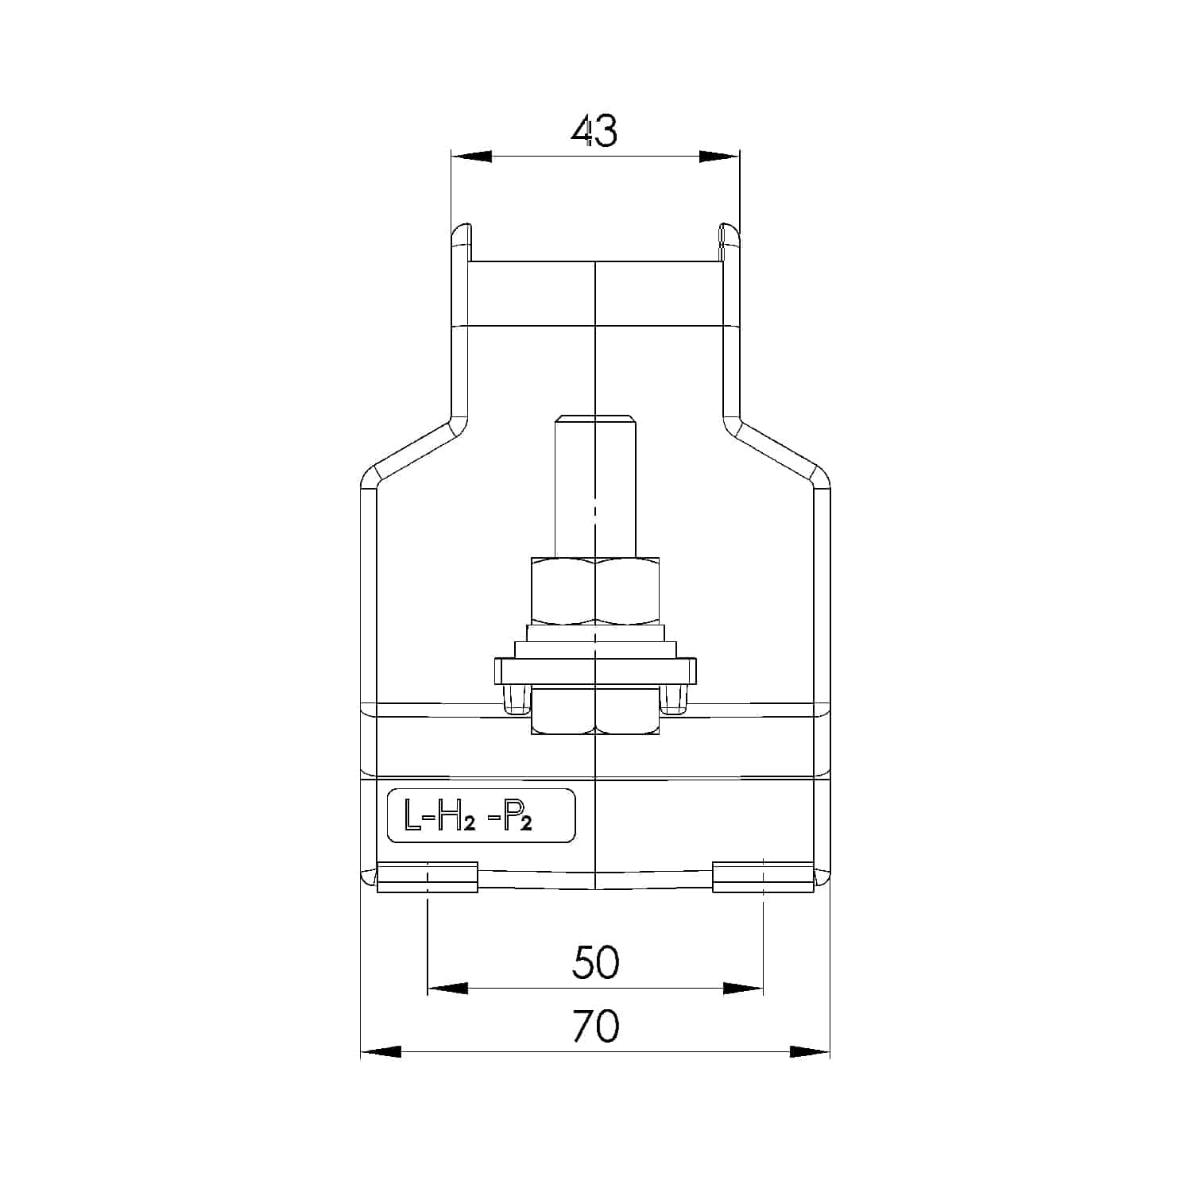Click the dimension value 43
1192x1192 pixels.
(x=594, y=131)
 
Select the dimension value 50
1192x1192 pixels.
(x=595, y=962)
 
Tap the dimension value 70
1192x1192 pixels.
(x=595, y=1026)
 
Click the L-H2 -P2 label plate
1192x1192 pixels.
(x=481, y=815)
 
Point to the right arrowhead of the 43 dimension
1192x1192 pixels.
(x=718, y=157)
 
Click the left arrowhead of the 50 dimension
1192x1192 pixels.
(x=447, y=989)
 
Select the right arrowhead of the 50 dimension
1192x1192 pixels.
(x=743, y=989)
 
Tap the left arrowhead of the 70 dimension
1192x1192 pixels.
(x=381, y=1051)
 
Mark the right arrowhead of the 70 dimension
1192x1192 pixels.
(x=810, y=1051)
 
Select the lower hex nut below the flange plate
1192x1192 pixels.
(x=595, y=712)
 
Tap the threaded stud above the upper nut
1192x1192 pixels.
(x=595, y=485)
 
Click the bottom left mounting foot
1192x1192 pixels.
(x=428, y=877)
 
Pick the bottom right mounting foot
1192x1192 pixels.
(x=763, y=877)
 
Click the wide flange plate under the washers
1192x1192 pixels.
(x=595, y=671)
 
